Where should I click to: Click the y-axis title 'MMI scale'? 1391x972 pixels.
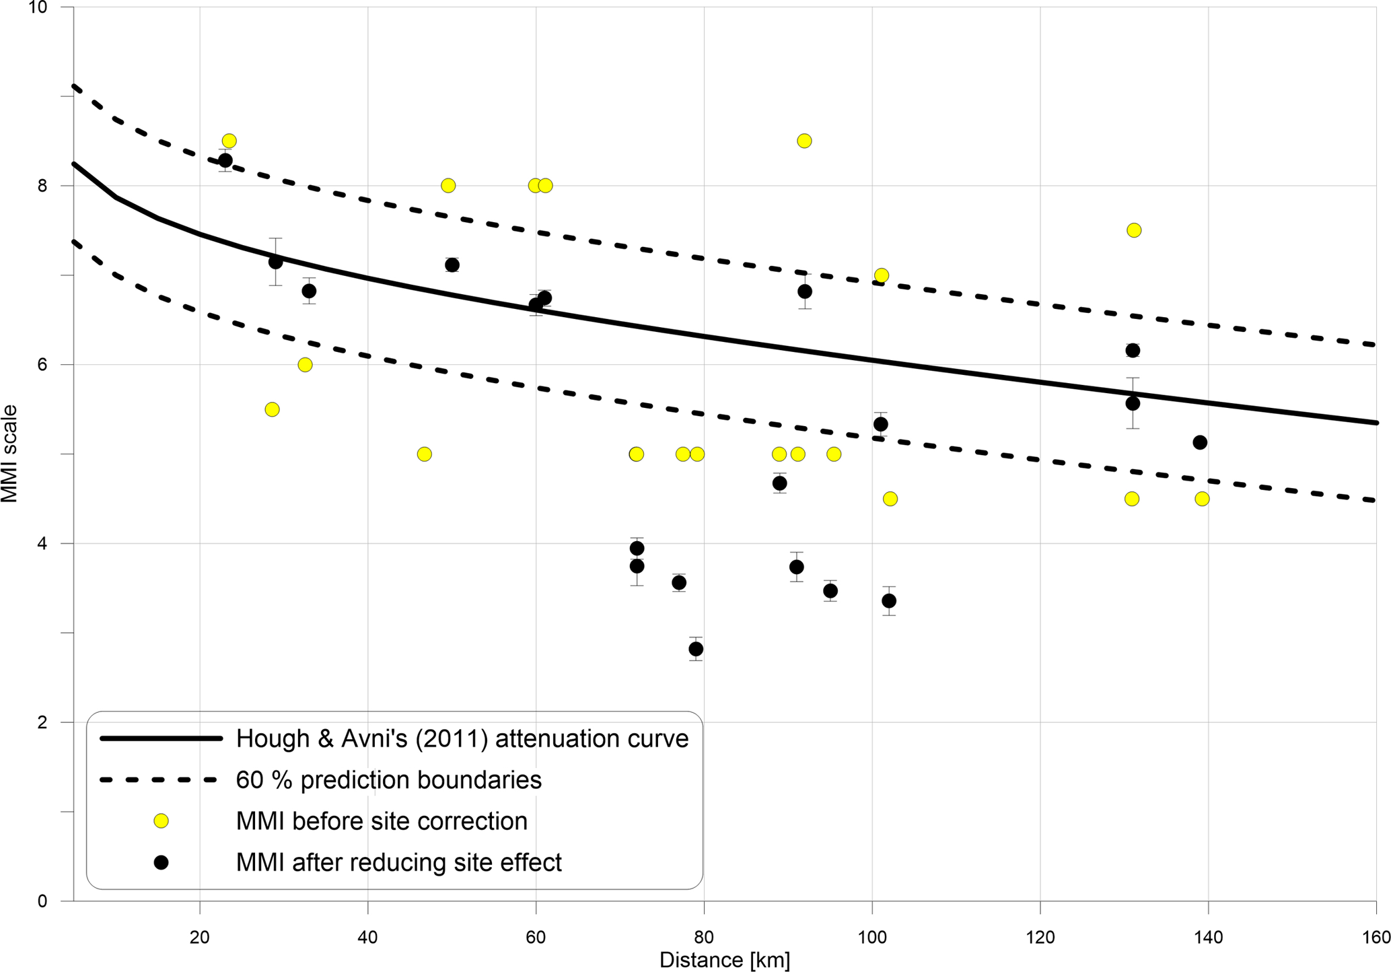[x=9, y=454]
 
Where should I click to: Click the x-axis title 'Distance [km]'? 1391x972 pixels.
[x=724, y=960]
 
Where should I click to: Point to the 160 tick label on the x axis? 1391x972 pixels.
[x=1375, y=937]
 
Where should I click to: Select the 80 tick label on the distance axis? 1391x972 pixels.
[x=703, y=937]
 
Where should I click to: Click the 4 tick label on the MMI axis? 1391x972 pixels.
[x=42, y=543]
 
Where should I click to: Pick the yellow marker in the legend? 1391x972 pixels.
[x=161, y=821]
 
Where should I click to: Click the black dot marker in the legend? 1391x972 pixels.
[x=161, y=862]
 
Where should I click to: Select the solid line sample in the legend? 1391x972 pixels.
[x=161, y=738]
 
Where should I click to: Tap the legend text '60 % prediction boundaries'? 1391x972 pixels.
[x=388, y=780]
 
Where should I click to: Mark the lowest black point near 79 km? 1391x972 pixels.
[x=696, y=649]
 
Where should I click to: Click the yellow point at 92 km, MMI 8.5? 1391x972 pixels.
[x=804, y=141]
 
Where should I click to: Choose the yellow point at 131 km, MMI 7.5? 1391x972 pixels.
[x=1134, y=230]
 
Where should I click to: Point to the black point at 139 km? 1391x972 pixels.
[x=1200, y=442]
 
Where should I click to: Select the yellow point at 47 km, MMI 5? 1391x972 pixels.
[x=424, y=454]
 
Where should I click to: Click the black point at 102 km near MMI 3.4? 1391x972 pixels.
[x=889, y=600]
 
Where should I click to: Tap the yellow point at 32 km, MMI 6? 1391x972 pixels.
[x=305, y=365]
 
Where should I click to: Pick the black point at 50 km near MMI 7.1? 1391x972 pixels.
[x=452, y=265]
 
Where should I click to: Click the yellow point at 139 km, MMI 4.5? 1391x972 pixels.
[x=1202, y=499]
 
